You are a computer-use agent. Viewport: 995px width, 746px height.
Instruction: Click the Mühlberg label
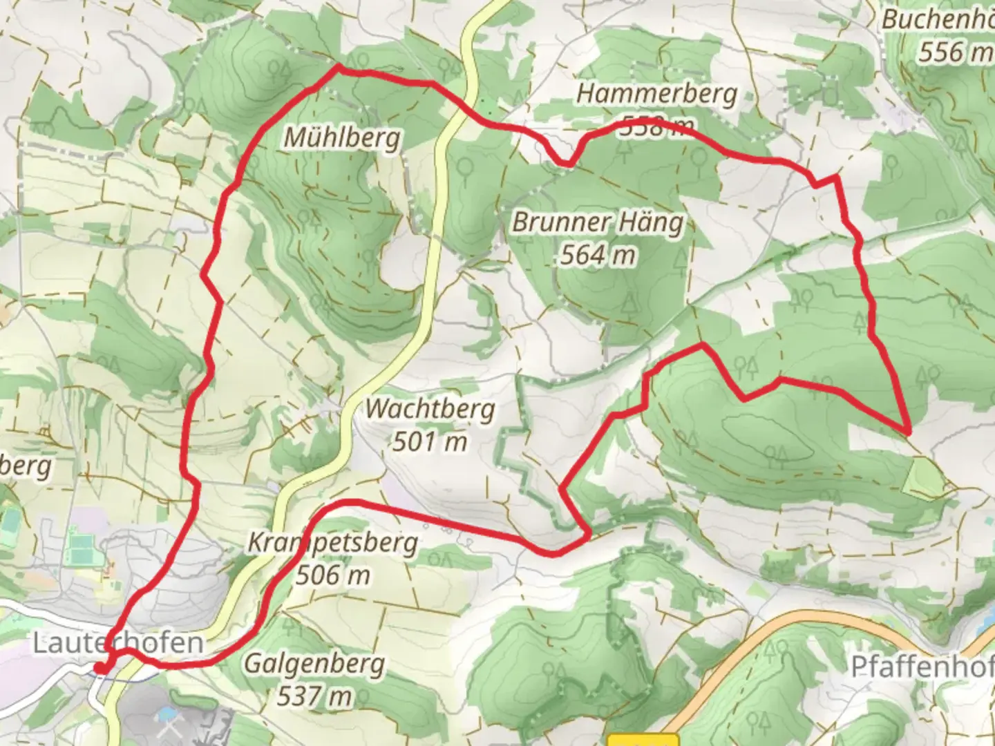coord(342,138)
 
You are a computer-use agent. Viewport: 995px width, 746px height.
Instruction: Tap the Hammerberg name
coord(656,94)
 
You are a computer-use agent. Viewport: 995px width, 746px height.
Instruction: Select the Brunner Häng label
coord(598,222)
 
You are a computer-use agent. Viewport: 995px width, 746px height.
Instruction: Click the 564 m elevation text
coord(598,255)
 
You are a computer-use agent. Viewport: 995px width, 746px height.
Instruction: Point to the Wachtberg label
coord(430,409)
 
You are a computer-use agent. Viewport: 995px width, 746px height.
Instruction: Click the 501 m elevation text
coord(430,441)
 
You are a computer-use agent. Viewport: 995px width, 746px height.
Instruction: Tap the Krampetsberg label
coord(332,543)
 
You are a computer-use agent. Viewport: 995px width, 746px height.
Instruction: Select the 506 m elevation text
coord(332,575)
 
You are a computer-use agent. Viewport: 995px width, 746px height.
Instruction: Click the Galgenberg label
coord(314,664)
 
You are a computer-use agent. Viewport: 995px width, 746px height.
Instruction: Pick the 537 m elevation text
coord(314,696)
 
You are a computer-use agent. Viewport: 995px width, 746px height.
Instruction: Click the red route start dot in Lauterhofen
coord(101,668)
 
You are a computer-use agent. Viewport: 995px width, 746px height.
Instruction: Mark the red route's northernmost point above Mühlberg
coord(338,67)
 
